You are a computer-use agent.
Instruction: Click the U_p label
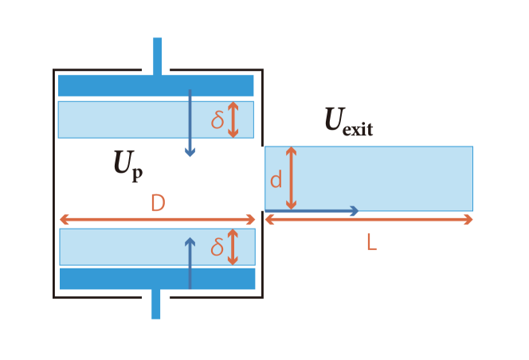[x=127, y=166]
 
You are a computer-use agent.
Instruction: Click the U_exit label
[x=348, y=121]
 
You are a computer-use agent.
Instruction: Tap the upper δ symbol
[x=217, y=119]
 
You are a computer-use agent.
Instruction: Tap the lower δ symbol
[x=217, y=248]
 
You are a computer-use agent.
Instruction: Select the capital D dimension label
[x=158, y=204]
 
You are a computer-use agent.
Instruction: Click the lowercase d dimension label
[x=276, y=180]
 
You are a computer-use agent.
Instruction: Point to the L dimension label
[x=371, y=242]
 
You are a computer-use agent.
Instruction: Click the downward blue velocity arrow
[x=190, y=123]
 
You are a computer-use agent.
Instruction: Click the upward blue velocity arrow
[x=190, y=262]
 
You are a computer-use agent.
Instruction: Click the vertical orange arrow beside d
[x=292, y=178]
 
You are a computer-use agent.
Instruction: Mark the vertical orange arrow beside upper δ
[x=233, y=119]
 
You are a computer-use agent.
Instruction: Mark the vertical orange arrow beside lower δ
[x=233, y=247]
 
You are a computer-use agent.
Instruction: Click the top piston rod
[x=157, y=56]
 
